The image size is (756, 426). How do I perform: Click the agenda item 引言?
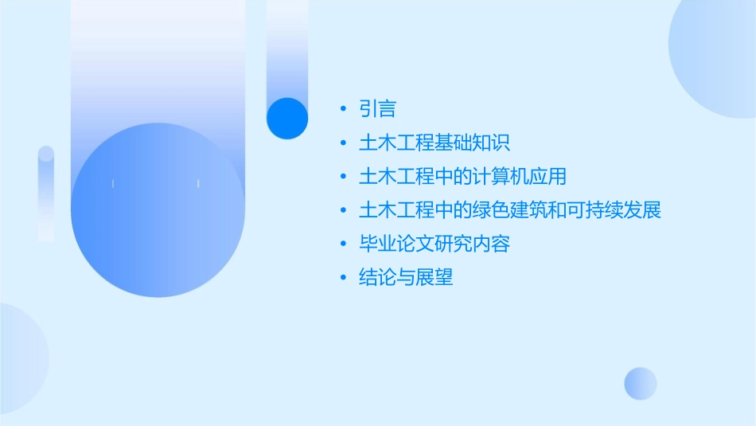(377, 109)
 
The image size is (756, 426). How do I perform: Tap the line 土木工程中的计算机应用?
(462, 177)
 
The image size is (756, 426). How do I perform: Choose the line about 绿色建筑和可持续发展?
(509, 210)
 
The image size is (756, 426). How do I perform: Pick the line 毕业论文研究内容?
(434, 244)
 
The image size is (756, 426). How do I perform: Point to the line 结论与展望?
(406, 278)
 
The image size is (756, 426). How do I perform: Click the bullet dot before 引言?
(343, 109)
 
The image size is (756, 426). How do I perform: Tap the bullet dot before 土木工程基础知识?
(343, 143)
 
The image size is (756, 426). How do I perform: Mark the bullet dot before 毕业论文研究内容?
(343, 244)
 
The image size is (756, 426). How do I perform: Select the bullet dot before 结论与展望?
(343, 278)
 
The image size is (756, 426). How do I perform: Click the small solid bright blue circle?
(286, 118)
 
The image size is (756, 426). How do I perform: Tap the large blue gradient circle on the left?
(158, 210)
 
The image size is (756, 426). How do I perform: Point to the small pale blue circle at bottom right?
(641, 383)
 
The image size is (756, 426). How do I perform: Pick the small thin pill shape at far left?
(46, 193)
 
